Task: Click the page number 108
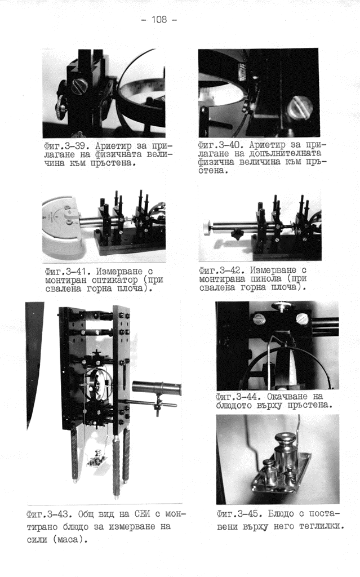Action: [159, 19]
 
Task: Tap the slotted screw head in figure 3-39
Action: [79, 86]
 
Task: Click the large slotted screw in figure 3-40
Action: [300, 107]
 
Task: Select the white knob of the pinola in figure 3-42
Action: [207, 228]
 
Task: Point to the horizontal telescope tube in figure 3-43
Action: [157, 388]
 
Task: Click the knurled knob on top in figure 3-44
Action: [282, 307]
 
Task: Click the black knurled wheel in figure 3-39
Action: [60, 108]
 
